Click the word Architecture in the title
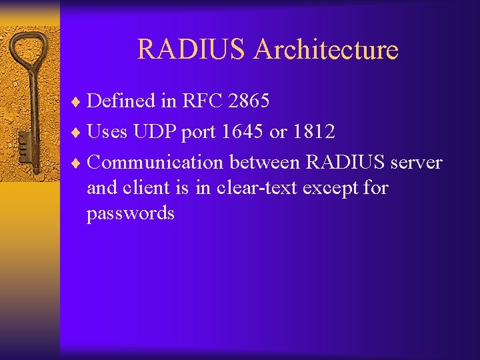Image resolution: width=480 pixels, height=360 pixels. point(326,50)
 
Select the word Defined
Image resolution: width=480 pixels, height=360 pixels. point(122,101)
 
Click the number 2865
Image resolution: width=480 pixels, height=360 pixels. point(248,101)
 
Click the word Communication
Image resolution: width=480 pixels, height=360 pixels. point(155,163)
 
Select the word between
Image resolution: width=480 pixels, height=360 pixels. point(265,163)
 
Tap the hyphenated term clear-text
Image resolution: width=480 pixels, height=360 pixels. point(253,188)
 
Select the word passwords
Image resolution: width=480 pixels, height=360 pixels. point(131,214)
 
